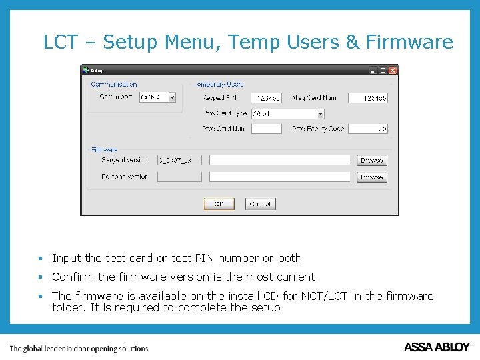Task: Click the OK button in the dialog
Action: tap(219, 204)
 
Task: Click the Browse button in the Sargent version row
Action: tap(371, 161)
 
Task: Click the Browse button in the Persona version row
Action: tap(371, 177)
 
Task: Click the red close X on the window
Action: tap(393, 70)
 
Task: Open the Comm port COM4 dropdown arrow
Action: tap(172, 97)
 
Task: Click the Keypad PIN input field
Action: tap(267, 98)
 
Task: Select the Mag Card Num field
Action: tap(368, 98)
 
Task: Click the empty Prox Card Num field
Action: tap(267, 129)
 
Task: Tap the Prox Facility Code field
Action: tap(368, 129)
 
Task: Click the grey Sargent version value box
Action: tap(179, 161)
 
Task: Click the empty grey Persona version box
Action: tap(179, 177)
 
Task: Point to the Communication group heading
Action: tap(114, 85)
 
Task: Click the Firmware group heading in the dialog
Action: tap(105, 150)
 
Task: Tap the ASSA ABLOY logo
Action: tap(437, 347)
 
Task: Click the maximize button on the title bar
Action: tap(383, 70)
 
